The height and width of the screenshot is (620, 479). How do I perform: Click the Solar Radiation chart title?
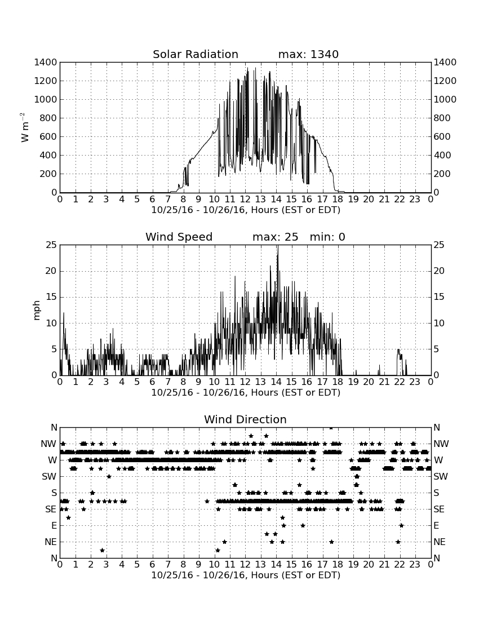pyautogui.click(x=195, y=54)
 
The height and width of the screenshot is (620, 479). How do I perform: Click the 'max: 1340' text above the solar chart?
pyautogui.click(x=308, y=54)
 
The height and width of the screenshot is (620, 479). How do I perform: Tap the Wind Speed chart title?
pyautogui.click(x=179, y=237)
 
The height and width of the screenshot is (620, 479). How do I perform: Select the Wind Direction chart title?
pyautogui.click(x=245, y=419)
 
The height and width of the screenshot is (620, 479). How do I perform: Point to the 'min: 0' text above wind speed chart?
pyautogui.click(x=327, y=237)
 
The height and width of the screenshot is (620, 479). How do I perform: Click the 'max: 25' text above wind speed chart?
pyautogui.click(x=275, y=237)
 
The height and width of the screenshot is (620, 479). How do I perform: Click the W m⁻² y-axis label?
pyautogui.click(x=24, y=127)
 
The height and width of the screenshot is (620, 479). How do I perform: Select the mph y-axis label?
pyautogui.click(x=37, y=310)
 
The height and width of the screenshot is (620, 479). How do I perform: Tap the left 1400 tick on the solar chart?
pyautogui.click(x=46, y=62)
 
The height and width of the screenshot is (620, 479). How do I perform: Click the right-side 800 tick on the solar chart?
pyautogui.click(x=442, y=118)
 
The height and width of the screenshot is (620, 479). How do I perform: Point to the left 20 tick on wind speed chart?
pyautogui.click(x=51, y=271)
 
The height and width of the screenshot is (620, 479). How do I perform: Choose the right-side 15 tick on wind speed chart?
pyautogui.click(x=439, y=297)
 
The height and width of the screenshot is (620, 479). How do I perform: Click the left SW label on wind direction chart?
pyautogui.click(x=49, y=476)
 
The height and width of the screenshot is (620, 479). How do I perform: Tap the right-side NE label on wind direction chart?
pyautogui.click(x=440, y=542)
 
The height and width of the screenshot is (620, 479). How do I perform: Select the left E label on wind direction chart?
pyautogui.click(x=54, y=525)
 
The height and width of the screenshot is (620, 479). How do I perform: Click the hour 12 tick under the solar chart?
pyautogui.click(x=245, y=199)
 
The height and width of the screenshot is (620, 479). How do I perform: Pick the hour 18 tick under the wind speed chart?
pyautogui.click(x=338, y=382)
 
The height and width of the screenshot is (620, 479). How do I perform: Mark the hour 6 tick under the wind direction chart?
pyautogui.click(x=152, y=564)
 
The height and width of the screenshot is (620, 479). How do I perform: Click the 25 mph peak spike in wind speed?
pyautogui.click(x=278, y=246)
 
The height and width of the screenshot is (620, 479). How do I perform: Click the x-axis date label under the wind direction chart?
pyautogui.click(x=246, y=575)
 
